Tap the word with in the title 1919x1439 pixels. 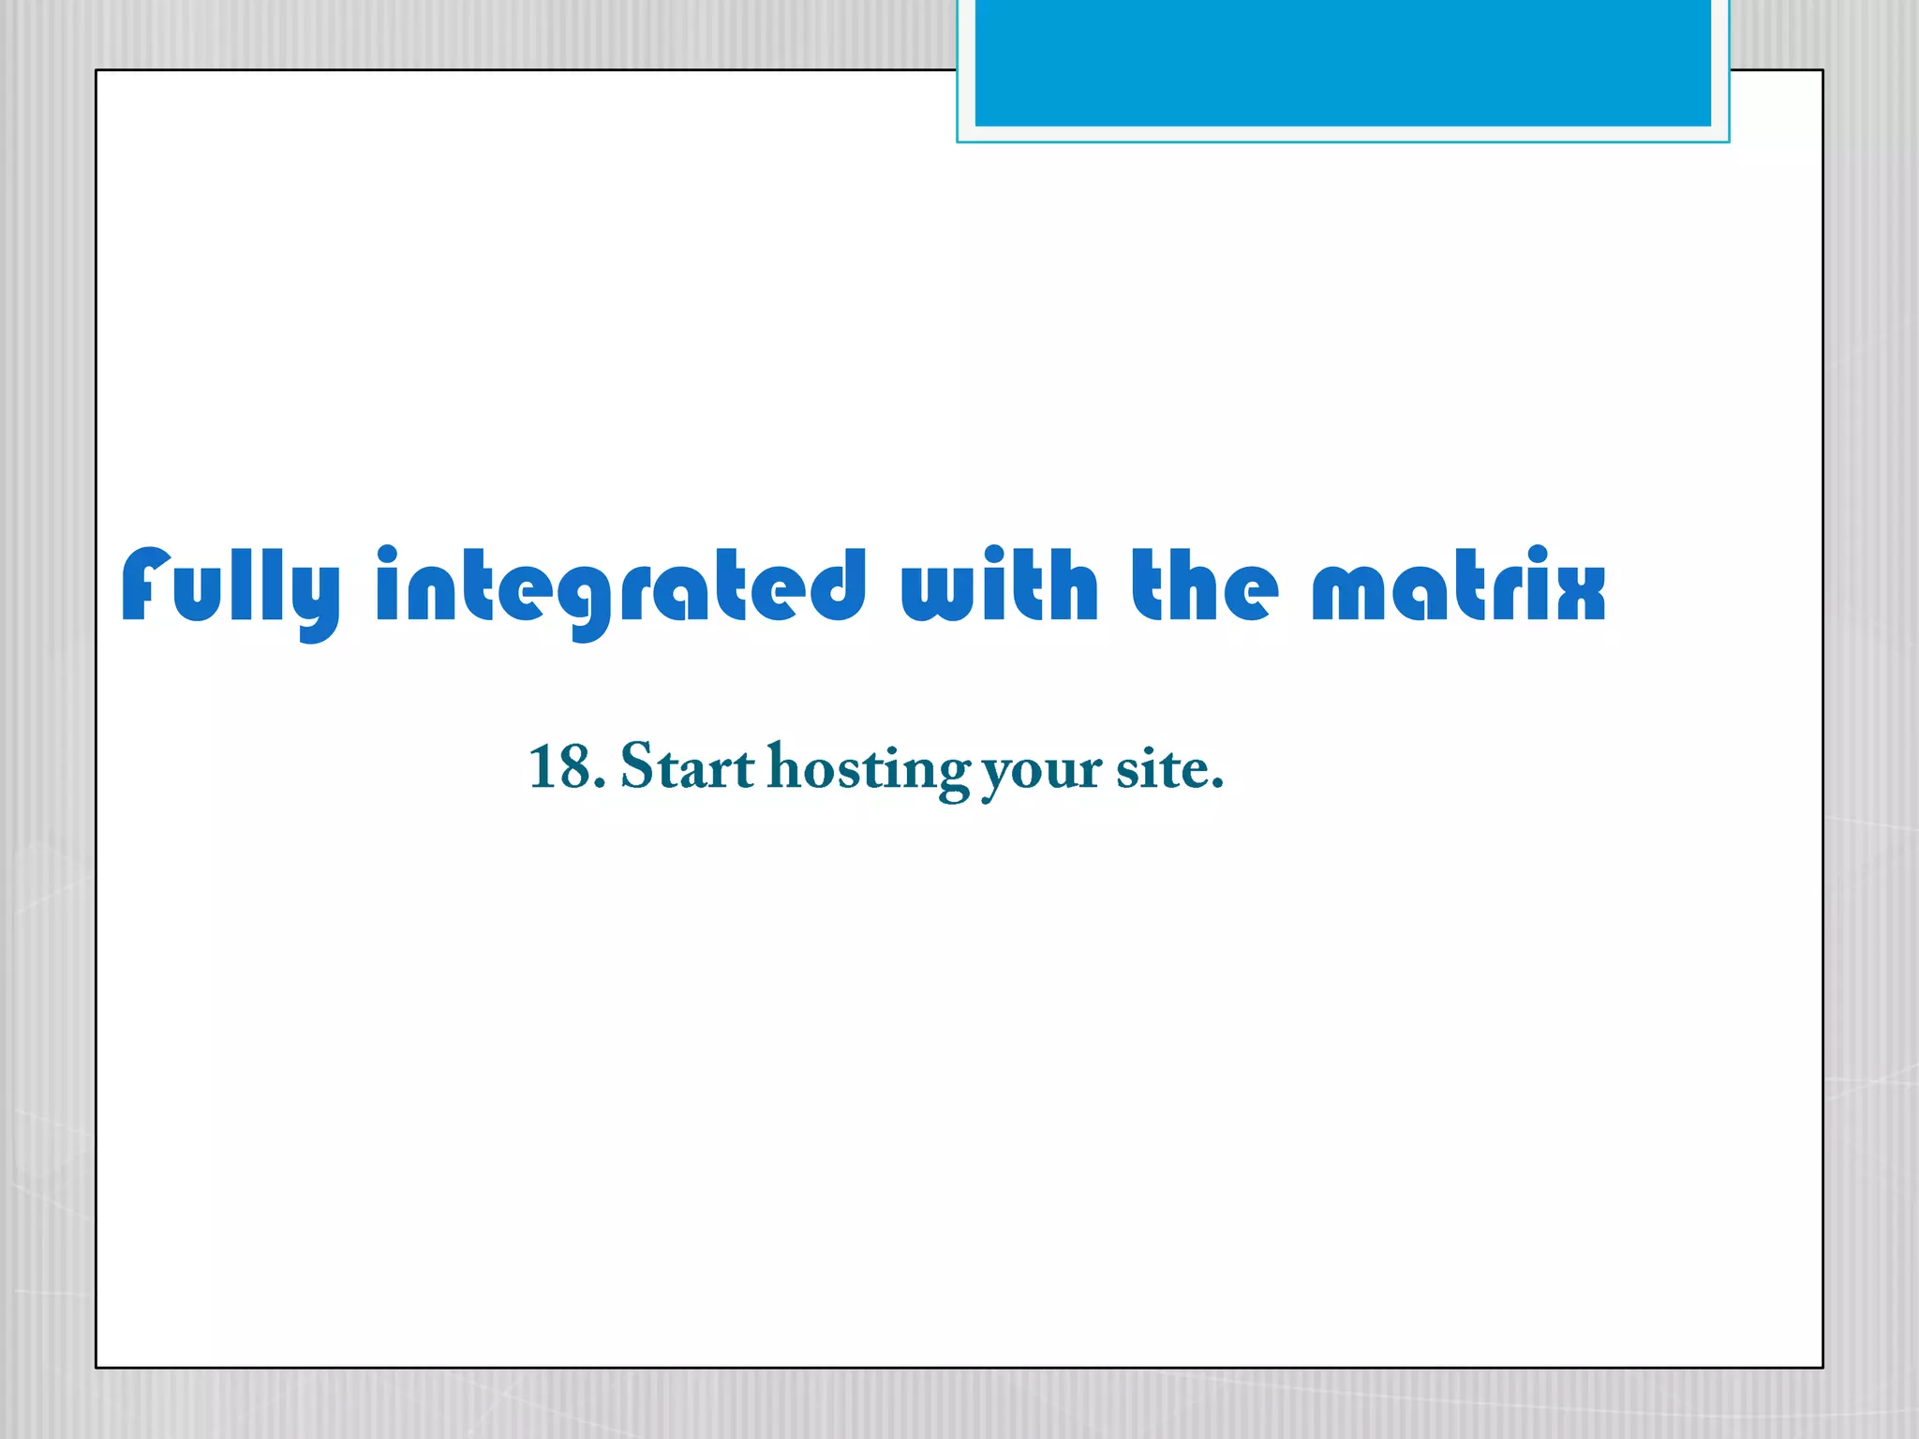pos(999,586)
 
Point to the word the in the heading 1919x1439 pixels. pos(1204,586)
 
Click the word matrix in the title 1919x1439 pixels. pos(1458,586)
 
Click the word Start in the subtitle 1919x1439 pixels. pos(687,767)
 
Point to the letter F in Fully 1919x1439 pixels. pos(146,586)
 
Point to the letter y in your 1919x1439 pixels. pos(999,778)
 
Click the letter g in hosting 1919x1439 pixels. pos(952,778)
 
